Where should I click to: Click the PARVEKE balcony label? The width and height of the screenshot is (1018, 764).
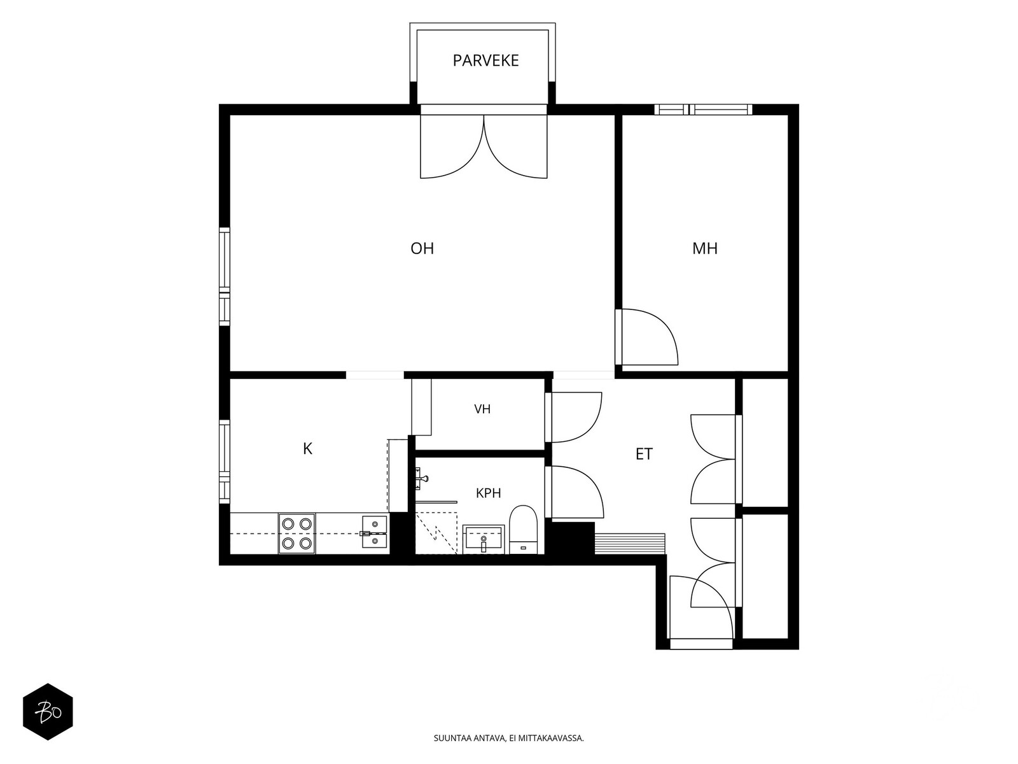pos(485,60)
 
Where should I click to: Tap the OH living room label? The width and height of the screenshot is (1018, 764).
pos(422,249)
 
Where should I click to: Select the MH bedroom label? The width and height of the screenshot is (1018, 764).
pos(704,249)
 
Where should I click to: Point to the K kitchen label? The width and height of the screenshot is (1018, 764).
pos(307,449)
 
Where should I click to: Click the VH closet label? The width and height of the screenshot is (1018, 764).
pos(482,409)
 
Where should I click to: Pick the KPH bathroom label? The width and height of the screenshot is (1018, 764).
pos(489,493)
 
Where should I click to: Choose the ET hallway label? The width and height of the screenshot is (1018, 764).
pos(644,454)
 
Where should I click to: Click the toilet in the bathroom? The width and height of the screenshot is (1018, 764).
pos(523,530)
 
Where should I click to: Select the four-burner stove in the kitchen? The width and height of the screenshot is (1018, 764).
pos(296,534)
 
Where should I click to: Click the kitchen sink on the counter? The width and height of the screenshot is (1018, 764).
pos(374,532)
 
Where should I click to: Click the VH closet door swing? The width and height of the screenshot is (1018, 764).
pos(576,418)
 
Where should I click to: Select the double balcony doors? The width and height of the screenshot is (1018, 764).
pos(484,146)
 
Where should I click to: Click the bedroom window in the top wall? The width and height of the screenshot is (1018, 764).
pos(703,110)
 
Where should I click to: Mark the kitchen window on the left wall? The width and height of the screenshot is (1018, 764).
pos(225,462)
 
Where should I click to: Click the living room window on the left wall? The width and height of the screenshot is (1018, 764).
pos(225,276)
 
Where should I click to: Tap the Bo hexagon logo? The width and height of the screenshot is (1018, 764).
pos(48,712)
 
